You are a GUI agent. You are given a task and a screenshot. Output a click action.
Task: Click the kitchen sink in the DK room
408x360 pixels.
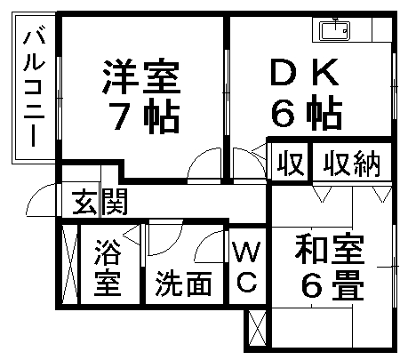(x=334, y=30)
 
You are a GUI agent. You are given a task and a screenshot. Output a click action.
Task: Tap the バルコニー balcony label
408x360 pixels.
(x=34, y=86)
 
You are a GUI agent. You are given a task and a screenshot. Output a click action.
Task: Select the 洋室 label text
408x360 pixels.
(x=141, y=76)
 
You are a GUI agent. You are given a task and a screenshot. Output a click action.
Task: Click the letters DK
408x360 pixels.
(x=305, y=72)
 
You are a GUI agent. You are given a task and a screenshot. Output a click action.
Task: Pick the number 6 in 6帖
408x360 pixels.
(x=284, y=113)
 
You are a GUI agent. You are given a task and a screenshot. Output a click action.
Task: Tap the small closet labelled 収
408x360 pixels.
(x=291, y=163)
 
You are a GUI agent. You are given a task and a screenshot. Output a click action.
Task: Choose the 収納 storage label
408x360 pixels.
(x=352, y=164)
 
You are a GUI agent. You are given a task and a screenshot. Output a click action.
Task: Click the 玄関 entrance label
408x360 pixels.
(x=100, y=202)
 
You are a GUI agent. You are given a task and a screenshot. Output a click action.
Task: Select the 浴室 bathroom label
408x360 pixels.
(x=108, y=268)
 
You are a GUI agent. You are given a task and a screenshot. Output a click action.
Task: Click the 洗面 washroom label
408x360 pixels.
(x=184, y=284)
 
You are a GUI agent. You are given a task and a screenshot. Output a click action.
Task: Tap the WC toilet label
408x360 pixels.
(x=246, y=267)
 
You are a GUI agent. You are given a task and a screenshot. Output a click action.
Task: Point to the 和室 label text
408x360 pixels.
(x=330, y=249)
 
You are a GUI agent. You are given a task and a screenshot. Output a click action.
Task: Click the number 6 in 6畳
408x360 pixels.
(x=312, y=286)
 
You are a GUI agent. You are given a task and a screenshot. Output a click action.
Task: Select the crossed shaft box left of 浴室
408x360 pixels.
(x=70, y=264)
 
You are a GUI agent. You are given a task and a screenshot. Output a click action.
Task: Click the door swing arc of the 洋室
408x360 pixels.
(x=199, y=156)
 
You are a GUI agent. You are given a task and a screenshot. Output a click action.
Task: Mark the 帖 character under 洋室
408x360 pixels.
(x=162, y=116)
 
